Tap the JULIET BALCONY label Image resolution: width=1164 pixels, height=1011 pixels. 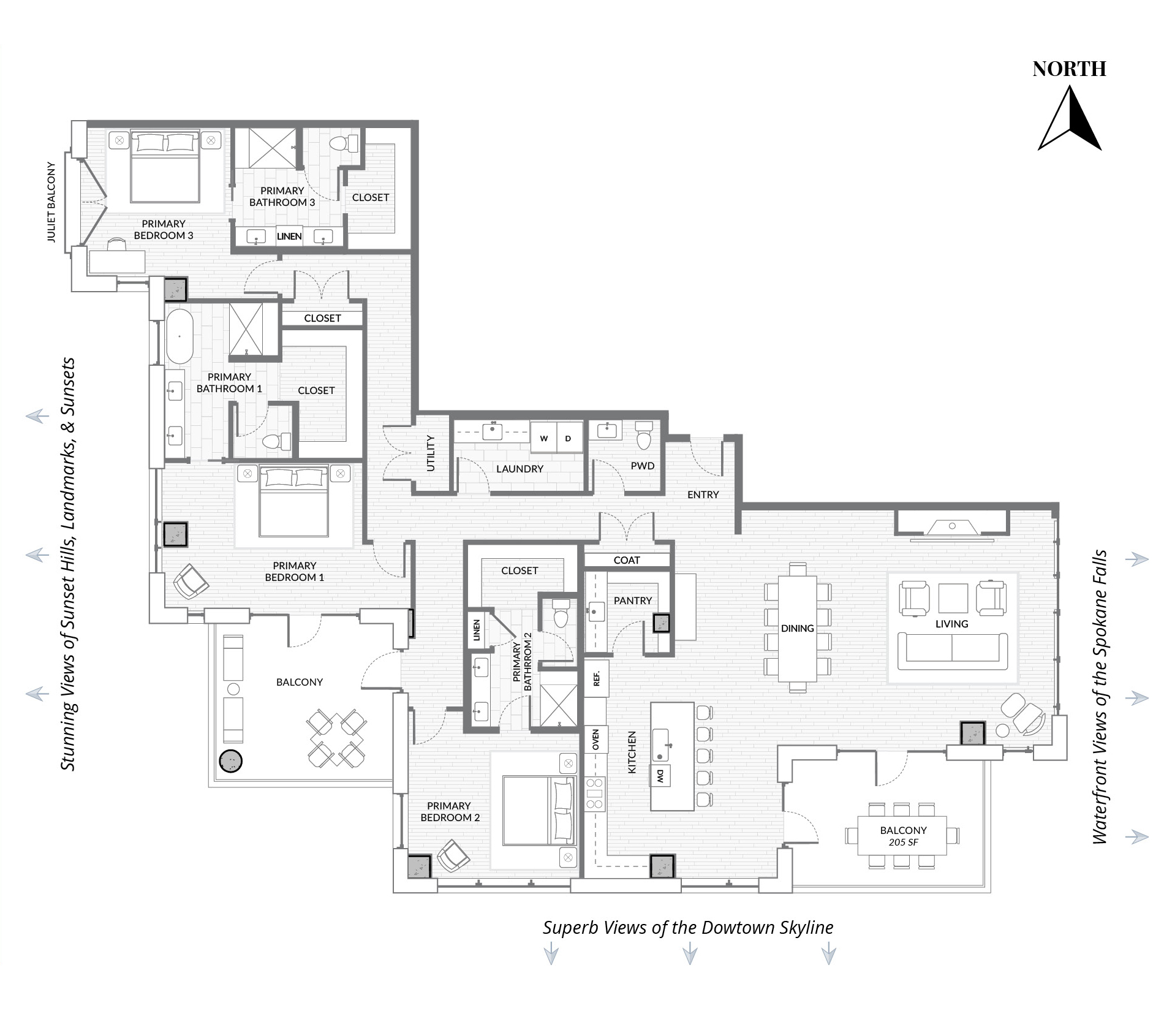point(51,202)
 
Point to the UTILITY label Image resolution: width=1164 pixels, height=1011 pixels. point(430,453)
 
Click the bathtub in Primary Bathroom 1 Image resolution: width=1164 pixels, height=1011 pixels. point(179,336)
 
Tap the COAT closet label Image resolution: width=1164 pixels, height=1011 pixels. point(627,560)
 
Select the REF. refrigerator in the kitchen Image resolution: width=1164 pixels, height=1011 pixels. point(597,678)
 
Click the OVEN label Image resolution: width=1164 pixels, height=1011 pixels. point(595,740)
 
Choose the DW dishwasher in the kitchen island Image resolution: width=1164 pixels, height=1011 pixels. point(660,776)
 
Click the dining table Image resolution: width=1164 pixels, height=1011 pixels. point(798,629)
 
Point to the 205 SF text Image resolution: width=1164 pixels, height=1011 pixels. point(904,842)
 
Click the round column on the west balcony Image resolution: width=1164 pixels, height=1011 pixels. point(231,761)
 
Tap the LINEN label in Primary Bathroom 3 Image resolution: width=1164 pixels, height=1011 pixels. point(289,236)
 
